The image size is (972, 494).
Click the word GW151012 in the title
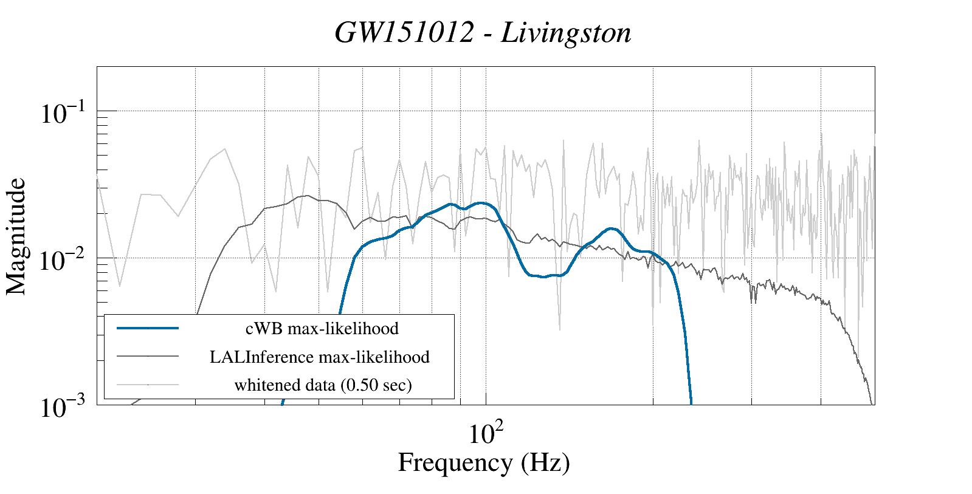coord(404,33)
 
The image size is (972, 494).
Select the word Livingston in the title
coord(566,33)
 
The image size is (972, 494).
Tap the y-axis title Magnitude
coord(16,236)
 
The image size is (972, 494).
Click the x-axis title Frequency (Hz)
coord(484,462)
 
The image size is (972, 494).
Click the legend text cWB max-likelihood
coord(322,328)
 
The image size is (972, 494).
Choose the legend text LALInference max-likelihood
coord(320,357)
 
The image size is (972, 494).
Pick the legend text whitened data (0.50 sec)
coord(323,385)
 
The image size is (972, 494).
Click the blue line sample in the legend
coord(148,328)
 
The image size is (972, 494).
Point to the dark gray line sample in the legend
coord(148,357)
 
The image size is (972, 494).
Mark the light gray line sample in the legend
coord(148,385)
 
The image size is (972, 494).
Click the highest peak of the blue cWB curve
coord(481,203)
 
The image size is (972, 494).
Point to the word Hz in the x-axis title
coord(545,462)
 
